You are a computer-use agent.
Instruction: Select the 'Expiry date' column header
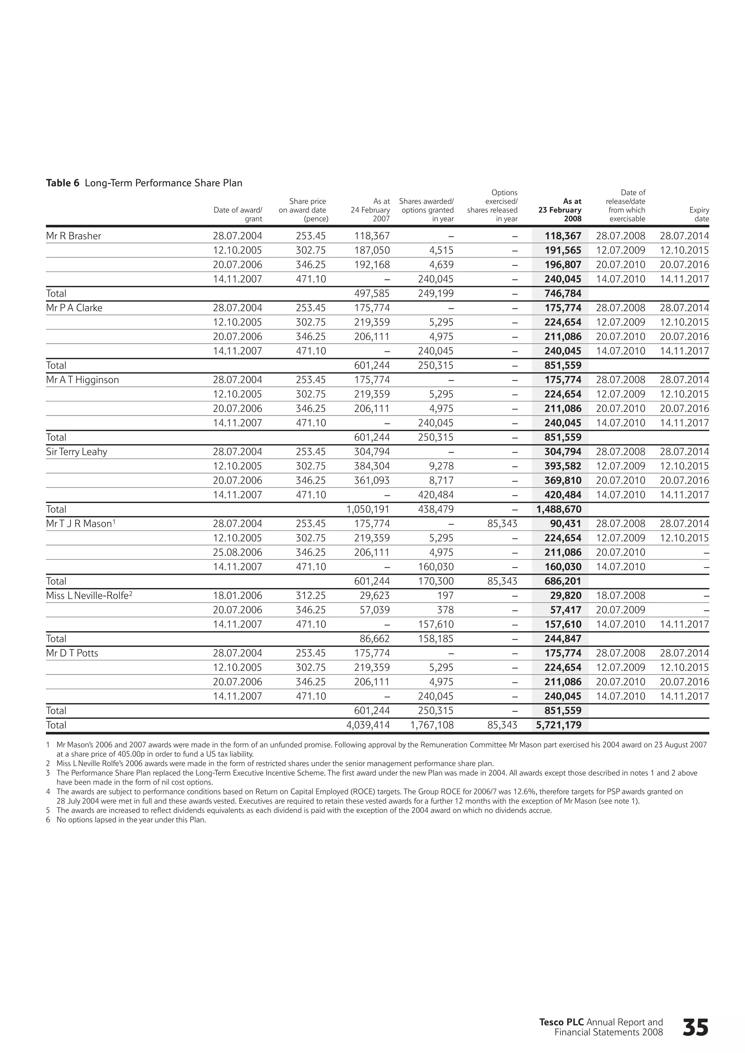(x=699, y=214)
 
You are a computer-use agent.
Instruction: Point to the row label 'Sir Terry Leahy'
(x=77, y=452)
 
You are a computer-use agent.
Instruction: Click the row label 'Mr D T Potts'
(x=72, y=653)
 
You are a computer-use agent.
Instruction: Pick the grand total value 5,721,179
(x=559, y=725)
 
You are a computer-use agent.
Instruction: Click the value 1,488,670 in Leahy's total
(x=559, y=509)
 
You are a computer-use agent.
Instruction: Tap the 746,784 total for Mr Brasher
(x=563, y=293)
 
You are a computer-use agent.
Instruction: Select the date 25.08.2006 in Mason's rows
(x=237, y=552)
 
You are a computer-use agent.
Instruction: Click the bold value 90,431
(x=566, y=524)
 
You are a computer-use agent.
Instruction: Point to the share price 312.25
(x=311, y=596)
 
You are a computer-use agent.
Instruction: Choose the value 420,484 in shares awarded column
(x=435, y=495)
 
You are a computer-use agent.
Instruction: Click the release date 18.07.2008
(x=620, y=596)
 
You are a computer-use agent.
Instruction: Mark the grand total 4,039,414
(x=368, y=725)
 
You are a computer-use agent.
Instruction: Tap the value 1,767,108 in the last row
(x=432, y=725)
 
